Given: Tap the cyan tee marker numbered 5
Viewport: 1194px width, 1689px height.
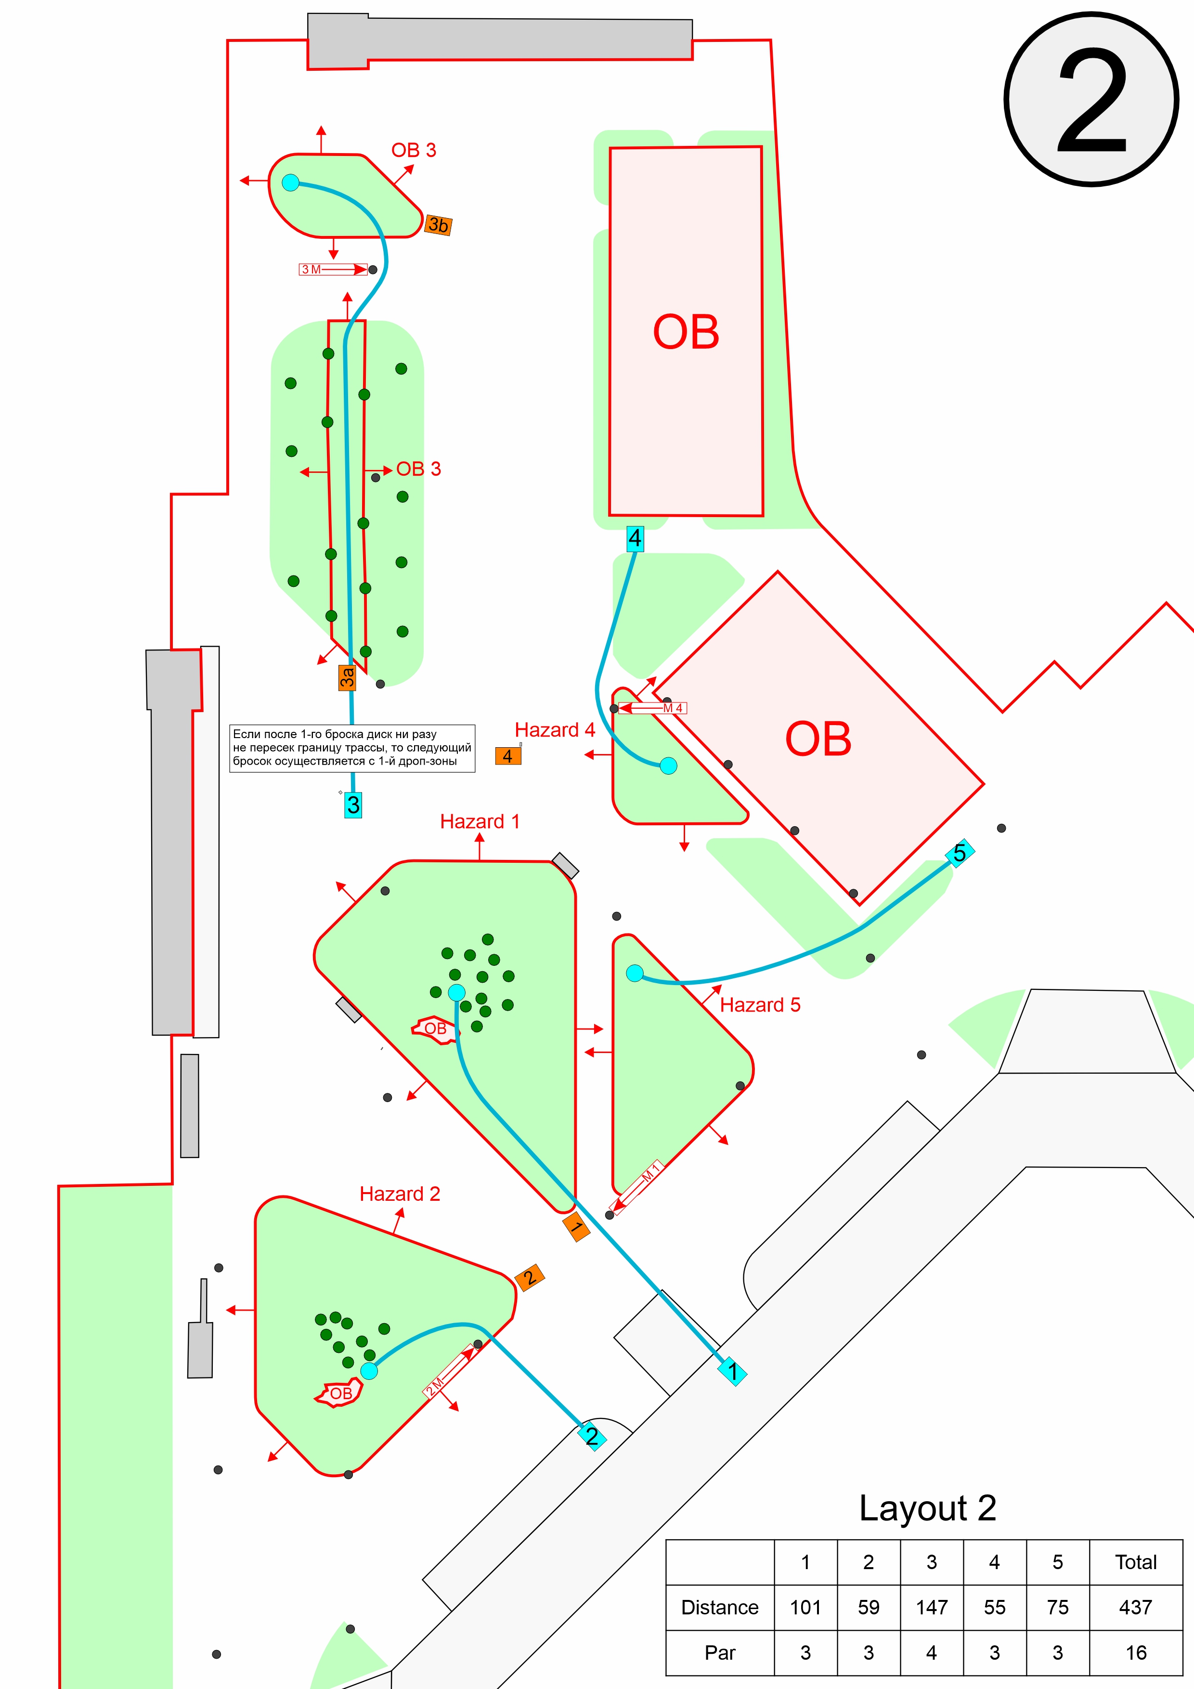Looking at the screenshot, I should [960, 853].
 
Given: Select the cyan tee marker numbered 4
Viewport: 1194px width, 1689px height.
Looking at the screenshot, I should [635, 538].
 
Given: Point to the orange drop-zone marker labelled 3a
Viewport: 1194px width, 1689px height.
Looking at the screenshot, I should [347, 677].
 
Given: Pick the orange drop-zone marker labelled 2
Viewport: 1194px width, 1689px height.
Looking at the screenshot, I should [530, 1278].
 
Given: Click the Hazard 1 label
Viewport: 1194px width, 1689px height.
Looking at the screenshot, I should [480, 822].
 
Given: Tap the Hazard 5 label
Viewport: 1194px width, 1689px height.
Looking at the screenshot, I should [760, 1005].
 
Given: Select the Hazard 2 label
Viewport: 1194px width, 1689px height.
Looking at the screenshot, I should [400, 1194].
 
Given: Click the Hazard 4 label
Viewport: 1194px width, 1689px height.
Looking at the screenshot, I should [555, 730].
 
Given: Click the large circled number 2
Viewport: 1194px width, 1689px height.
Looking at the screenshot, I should [1092, 99].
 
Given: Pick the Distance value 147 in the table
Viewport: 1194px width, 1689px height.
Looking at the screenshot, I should [931, 1607].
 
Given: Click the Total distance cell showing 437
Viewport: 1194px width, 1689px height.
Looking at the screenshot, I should [1135, 1607].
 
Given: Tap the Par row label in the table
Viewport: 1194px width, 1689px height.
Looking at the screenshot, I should [719, 1653].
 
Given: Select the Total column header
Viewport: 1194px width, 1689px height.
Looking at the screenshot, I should [1135, 1562].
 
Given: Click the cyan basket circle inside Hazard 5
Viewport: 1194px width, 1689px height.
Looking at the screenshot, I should [634, 973].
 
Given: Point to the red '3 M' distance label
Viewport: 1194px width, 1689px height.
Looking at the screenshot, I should [311, 269].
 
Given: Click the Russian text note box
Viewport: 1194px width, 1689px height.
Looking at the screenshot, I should [352, 748].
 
